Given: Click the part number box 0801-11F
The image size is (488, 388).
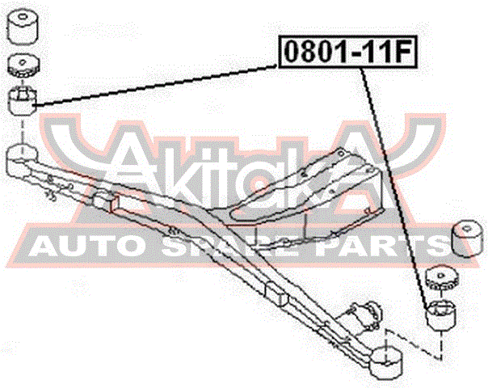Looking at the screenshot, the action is click(347, 52).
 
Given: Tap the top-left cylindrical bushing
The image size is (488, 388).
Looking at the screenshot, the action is click(23, 27).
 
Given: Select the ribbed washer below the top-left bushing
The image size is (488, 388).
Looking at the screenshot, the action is click(23, 66).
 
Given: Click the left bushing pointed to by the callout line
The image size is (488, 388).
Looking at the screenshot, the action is click(23, 101).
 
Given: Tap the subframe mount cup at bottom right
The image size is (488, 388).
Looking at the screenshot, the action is click(386, 363).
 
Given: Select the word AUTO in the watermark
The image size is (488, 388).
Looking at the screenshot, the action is click(85, 245).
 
